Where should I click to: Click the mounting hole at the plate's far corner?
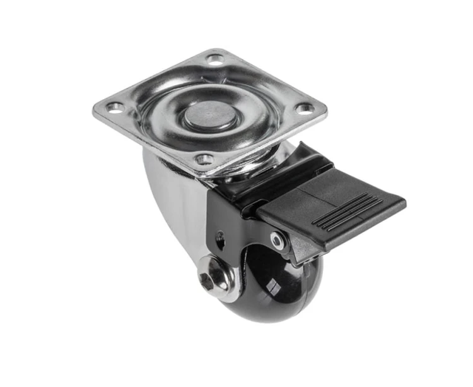point(214,59)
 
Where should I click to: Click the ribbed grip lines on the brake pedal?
point(347,212)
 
